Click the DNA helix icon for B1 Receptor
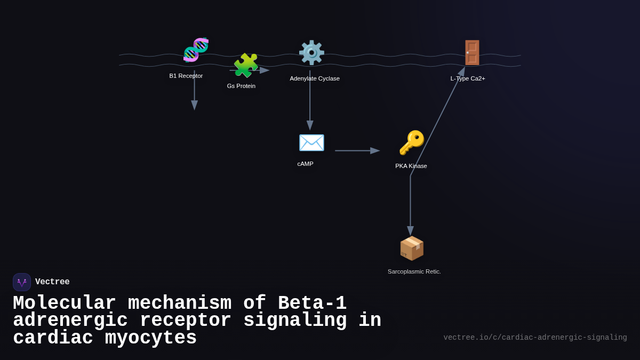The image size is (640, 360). tap(196, 50)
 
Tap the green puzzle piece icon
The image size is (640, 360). tap(245, 65)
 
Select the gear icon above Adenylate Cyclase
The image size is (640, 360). tap(311, 53)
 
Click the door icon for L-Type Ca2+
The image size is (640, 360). tap(472, 53)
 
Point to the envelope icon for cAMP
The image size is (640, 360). tap(311, 142)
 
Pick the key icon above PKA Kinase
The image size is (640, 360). tap(412, 143)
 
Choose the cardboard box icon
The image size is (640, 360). tap(412, 248)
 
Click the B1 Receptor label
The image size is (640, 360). tap(186, 76)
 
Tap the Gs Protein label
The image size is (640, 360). tap(241, 86)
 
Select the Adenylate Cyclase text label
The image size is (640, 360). tap(315, 78)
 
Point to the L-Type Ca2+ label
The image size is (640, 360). tap(468, 78)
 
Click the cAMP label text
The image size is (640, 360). tap(305, 164)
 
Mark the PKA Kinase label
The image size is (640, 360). tap(411, 166)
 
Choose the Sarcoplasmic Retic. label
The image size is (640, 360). tap(414, 271)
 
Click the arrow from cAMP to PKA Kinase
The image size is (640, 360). tap(356, 151)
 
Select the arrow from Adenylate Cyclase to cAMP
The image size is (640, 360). tap(310, 99)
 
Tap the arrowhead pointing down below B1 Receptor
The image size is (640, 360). tap(195, 105)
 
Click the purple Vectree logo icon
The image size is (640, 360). tap(22, 282)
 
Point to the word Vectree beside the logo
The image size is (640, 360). tap(52, 282)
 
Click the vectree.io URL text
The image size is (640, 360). tap(535, 338)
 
